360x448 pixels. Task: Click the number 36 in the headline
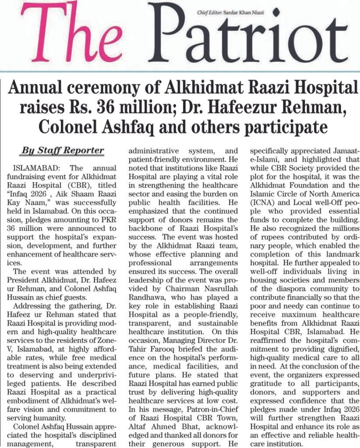(115, 108)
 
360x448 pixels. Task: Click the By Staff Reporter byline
(63, 151)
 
